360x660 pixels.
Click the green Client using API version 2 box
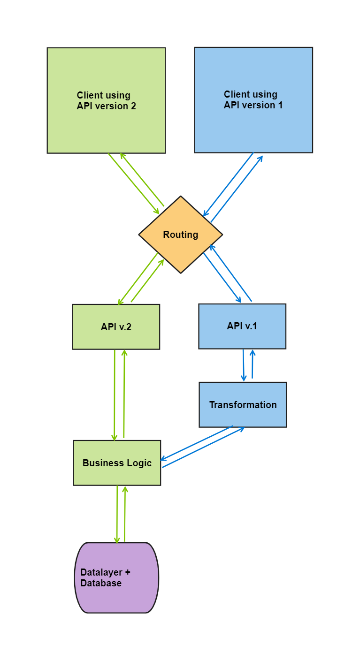point(106,100)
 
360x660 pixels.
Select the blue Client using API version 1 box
point(253,100)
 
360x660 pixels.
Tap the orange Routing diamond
point(181,235)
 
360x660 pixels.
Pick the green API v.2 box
point(116,327)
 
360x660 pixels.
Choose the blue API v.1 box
point(242,326)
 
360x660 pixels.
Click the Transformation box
point(243,405)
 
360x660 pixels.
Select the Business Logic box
point(117,463)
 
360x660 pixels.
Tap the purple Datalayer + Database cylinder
point(117,578)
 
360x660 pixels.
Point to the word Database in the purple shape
point(101,584)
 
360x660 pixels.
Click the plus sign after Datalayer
point(127,573)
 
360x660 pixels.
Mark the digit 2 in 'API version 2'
point(133,106)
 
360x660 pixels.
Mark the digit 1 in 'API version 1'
point(280,106)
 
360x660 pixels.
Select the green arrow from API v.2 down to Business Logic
point(115,394)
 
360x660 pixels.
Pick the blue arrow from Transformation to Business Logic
point(197,443)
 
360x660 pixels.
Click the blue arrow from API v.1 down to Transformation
point(244,365)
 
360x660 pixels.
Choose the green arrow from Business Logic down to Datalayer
point(117,514)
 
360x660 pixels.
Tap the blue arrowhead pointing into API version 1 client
point(260,158)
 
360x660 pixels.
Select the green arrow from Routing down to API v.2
point(138,279)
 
